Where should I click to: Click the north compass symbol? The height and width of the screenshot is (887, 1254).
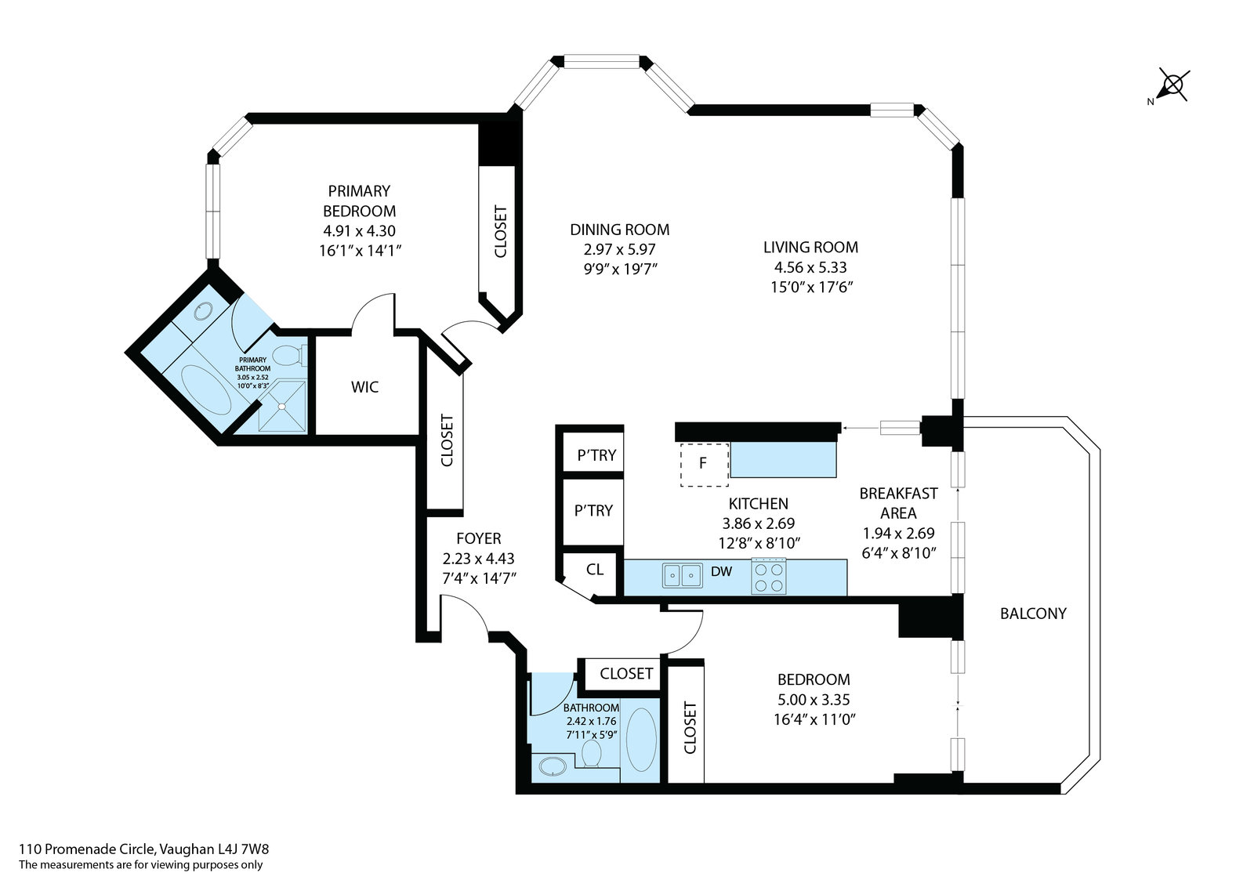1172,87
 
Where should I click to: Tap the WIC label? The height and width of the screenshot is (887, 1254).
364,387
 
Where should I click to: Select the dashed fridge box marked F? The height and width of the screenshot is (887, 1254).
705,465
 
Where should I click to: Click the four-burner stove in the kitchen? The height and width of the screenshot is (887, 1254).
769,577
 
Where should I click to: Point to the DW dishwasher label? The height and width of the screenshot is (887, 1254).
722,571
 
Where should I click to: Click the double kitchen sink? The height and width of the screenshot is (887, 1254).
683,575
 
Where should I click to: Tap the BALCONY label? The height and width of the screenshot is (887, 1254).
1033,614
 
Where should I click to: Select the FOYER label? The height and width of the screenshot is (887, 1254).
479,538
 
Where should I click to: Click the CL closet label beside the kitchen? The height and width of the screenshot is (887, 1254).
595,569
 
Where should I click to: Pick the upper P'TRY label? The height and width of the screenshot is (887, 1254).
596,455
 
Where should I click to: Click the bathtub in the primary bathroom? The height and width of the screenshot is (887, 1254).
206,389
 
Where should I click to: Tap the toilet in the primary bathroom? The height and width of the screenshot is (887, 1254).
290,355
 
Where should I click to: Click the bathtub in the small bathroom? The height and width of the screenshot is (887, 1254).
641,740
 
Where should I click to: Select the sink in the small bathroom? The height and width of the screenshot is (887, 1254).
553,766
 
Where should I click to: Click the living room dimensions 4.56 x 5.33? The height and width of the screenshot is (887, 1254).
810,267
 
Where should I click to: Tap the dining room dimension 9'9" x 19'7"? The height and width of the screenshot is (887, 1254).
620,270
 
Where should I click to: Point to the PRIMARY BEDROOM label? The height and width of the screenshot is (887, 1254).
360,201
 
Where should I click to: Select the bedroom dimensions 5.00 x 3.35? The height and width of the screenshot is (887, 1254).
814,700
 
